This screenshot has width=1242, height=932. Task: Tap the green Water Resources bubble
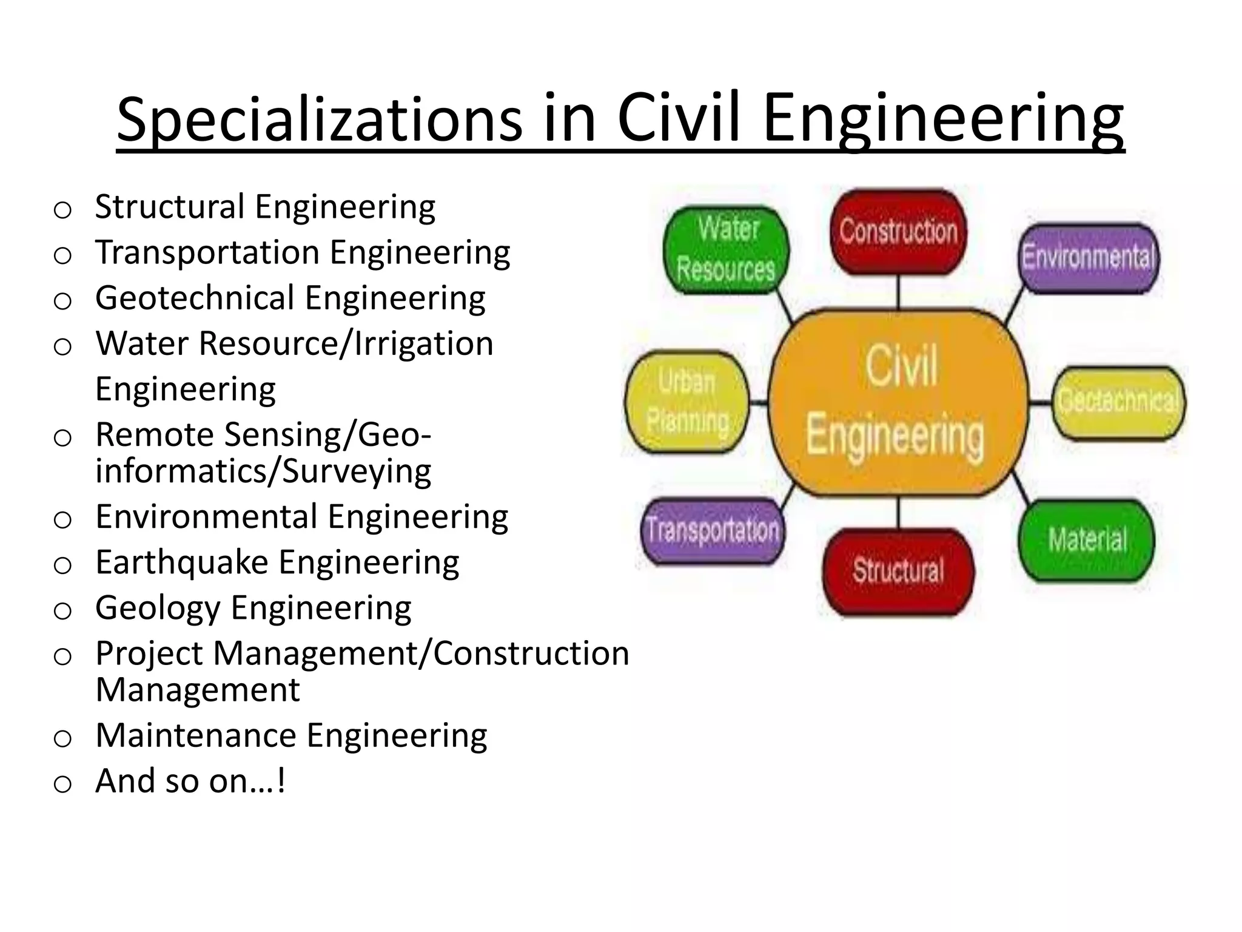[727, 249]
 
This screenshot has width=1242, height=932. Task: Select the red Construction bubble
[898, 231]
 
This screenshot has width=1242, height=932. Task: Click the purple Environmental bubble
[1089, 257]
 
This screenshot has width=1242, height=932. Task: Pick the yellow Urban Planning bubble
[687, 402]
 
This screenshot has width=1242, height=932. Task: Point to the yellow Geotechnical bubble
[1119, 402]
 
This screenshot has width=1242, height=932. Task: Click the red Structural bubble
[898, 571]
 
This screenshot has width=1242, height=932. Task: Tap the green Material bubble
[1087, 539]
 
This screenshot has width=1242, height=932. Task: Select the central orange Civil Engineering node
[898, 402]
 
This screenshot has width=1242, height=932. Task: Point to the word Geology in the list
[158, 608]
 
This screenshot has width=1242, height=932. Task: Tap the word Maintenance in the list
[196, 735]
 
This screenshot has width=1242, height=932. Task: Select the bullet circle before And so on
[62, 784]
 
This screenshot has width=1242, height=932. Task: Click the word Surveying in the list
[357, 471]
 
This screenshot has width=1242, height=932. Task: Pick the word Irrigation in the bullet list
[424, 344]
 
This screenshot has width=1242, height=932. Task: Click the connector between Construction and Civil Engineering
[898, 292]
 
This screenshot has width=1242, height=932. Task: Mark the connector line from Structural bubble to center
[898, 513]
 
